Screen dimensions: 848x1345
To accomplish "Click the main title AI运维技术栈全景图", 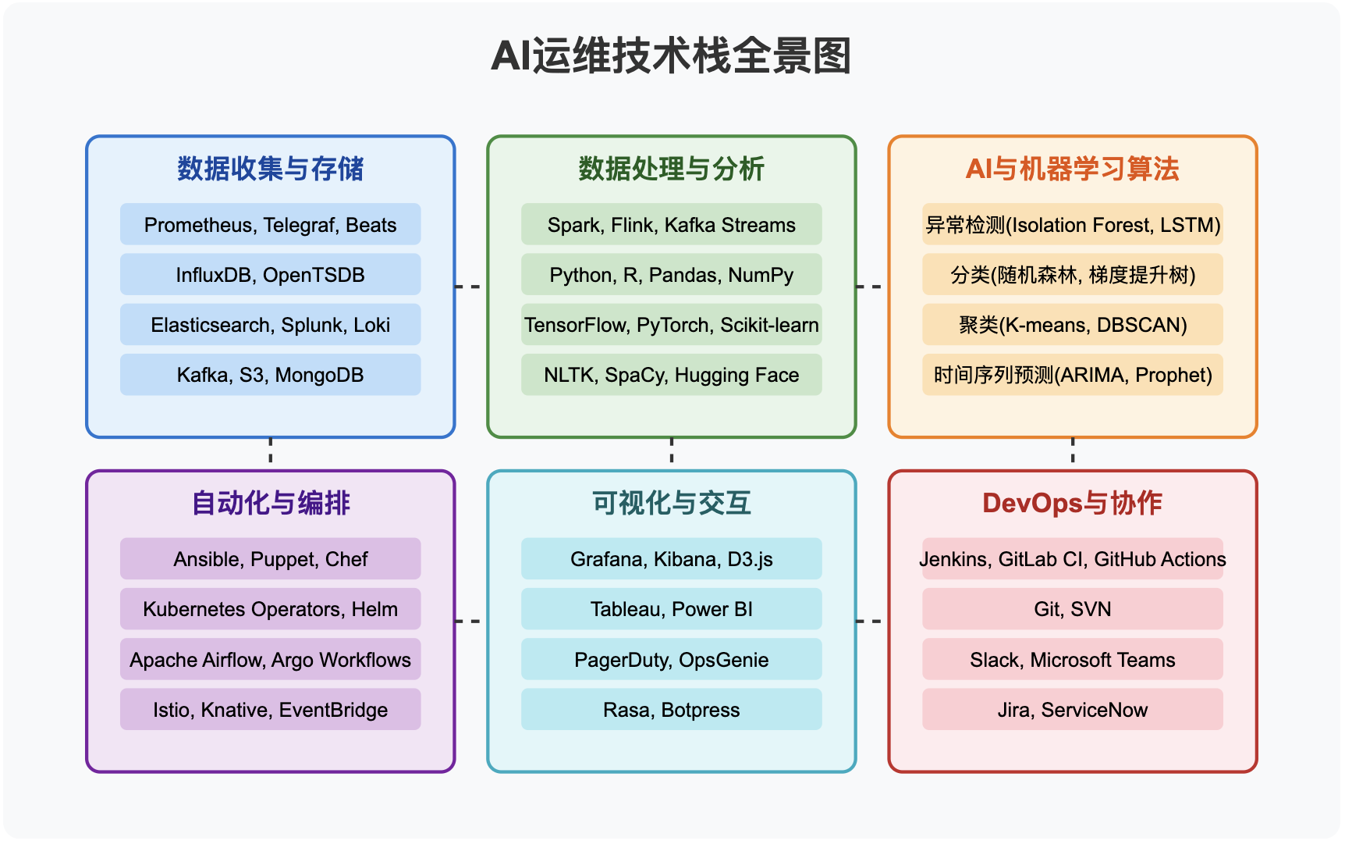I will point(671,56).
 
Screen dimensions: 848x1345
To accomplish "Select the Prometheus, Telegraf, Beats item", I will point(270,225).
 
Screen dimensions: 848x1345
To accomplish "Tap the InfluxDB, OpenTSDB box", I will point(270,275).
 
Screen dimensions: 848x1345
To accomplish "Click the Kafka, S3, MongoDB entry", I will point(270,375).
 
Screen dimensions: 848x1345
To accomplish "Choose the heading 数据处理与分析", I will point(671,169).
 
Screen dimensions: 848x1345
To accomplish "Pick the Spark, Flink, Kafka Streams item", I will point(671,225).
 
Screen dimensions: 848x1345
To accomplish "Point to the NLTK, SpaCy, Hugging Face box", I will point(671,375).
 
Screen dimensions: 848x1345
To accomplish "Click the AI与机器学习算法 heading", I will point(1072,169).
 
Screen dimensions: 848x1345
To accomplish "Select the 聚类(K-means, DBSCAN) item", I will point(1072,325).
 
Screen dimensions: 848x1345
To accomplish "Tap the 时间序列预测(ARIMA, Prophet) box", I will point(1072,375).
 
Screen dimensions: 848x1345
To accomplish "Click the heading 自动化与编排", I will point(270,503).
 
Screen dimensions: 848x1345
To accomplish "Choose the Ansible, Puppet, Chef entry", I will point(270,559).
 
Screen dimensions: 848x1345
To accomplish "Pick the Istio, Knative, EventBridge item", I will point(270,710).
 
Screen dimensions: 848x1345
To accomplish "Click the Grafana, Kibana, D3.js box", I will point(671,559).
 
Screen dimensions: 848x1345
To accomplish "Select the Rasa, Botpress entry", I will point(671,710).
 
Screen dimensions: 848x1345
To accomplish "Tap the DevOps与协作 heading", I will point(1072,503).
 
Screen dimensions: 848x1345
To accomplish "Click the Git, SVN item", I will point(1072,609).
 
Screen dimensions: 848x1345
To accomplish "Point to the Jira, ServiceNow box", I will point(1072,710).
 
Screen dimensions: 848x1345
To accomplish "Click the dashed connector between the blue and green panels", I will point(470,287).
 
